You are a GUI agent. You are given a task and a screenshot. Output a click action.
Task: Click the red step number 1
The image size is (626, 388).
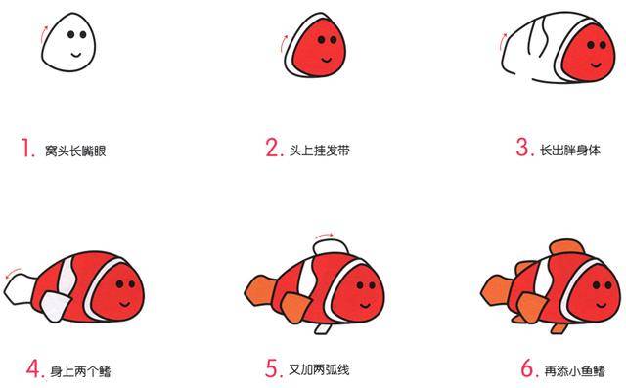(x=25, y=149)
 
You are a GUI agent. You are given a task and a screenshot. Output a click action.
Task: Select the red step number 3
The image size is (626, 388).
(x=523, y=149)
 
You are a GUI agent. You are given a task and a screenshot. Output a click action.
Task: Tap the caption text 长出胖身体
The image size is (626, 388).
(x=570, y=151)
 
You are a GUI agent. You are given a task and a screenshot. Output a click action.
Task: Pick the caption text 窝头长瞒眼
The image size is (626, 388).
(x=74, y=151)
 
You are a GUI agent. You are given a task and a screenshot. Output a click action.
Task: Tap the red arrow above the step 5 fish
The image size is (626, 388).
(x=333, y=236)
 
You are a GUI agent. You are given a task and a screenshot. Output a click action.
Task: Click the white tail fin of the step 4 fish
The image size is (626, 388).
(x=20, y=286)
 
